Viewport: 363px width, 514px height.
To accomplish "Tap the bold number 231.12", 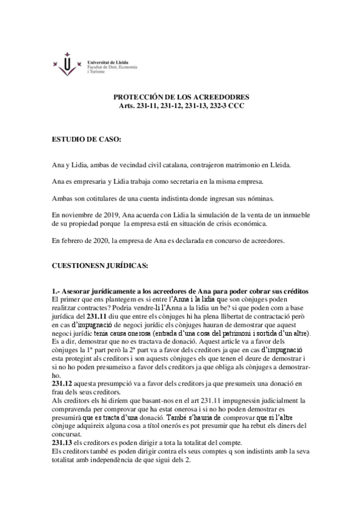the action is coord(63,385).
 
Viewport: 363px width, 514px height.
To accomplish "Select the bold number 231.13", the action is coord(63,443).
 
